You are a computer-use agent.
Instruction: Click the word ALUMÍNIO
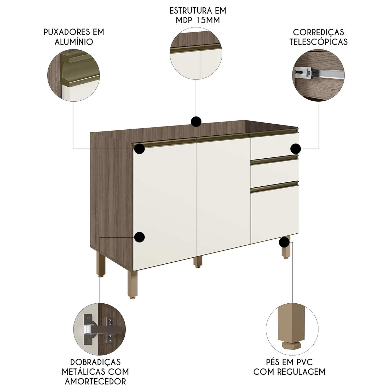74,42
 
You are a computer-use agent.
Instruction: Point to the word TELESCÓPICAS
319,42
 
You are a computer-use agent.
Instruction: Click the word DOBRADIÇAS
95,362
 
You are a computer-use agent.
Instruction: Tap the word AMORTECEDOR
95,381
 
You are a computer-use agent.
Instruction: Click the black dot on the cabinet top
196,122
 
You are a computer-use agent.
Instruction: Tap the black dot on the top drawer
296,149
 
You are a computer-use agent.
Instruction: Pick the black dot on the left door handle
140,149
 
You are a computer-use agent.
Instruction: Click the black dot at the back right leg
284,242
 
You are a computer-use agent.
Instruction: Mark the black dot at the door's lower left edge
140,237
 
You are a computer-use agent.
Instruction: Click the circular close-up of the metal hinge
99,329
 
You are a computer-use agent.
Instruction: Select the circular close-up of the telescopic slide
318,75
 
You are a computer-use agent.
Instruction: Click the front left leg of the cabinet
132,285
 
